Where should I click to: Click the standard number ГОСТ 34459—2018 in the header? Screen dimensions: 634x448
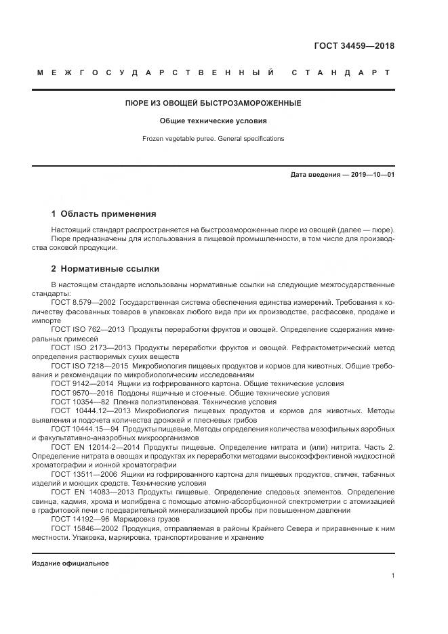click(x=354, y=47)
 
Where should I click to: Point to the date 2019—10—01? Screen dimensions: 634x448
click(x=370, y=175)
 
